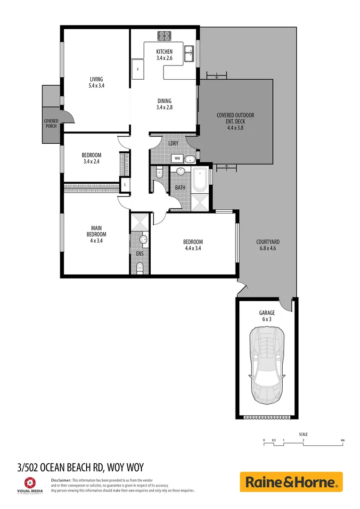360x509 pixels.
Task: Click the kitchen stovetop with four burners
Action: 164,36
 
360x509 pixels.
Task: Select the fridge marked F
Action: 138,70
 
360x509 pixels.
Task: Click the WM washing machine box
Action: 178,158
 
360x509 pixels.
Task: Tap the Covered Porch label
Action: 51,123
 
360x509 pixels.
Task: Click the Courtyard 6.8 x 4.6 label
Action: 268,245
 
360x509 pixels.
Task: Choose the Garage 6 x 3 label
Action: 267,316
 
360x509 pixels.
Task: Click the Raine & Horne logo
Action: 291,482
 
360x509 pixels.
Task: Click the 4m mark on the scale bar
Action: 343,441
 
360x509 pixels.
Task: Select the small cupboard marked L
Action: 125,185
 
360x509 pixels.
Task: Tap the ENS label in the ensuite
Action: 139,254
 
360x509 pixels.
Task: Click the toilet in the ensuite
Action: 139,268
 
